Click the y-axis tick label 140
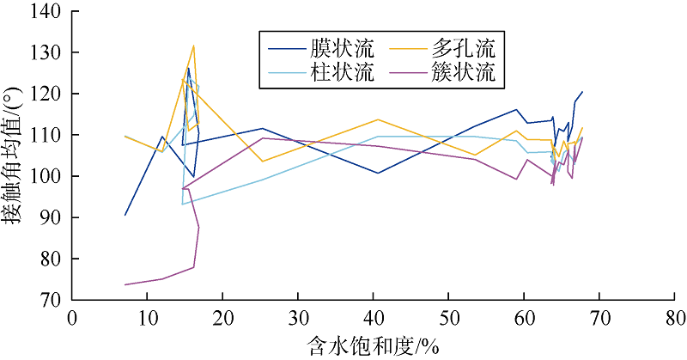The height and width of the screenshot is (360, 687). click(47, 11)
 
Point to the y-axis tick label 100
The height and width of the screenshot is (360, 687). click(47, 176)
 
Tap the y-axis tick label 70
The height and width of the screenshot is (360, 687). click(52, 300)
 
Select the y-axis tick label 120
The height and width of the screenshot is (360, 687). click(47, 94)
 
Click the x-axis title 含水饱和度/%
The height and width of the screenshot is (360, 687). click(373, 345)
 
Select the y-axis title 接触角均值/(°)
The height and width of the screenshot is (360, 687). click(15, 155)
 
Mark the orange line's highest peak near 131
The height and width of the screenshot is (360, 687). click(194, 46)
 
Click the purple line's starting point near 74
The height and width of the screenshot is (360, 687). click(125, 284)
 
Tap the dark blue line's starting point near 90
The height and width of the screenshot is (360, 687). click(125, 215)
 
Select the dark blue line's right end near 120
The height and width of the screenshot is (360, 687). click(582, 92)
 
